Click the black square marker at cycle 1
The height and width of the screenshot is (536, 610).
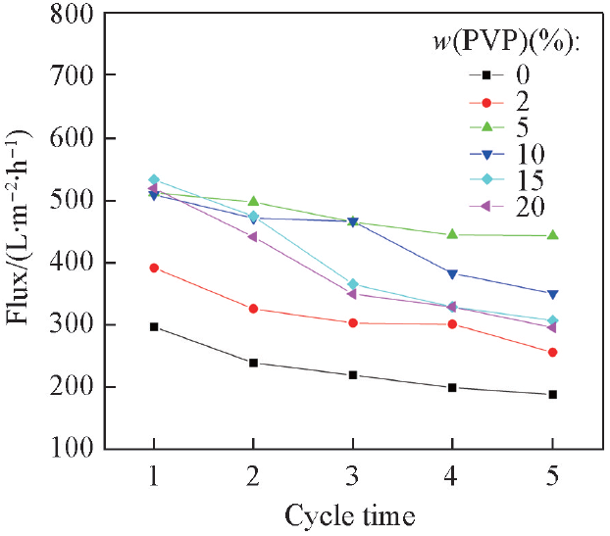154,326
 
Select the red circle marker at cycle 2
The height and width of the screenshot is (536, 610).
254,309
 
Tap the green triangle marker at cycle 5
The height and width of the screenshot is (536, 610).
553,235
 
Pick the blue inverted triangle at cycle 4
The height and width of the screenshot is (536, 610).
453,273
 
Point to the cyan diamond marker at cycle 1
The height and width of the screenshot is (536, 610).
154,180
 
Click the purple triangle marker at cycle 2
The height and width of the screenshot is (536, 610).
254,236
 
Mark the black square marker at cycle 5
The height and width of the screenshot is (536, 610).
553,394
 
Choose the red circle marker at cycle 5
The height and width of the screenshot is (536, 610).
553,352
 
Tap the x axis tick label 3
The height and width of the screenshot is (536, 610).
353,477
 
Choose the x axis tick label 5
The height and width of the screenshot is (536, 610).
553,477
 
